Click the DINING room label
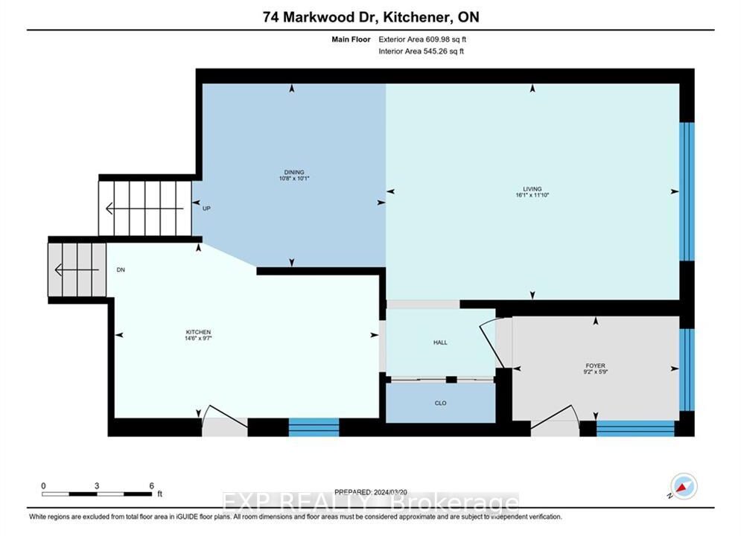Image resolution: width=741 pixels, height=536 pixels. (x=294, y=172)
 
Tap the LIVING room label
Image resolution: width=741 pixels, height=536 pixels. (x=532, y=188)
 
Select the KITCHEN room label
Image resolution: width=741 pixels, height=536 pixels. (x=198, y=332)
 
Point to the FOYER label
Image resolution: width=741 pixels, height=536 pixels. (x=596, y=366)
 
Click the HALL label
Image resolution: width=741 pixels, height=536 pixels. (x=440, y=342)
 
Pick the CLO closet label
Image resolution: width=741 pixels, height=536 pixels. (x=440, y=403)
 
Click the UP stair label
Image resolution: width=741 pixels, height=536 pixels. (x=206, y=208)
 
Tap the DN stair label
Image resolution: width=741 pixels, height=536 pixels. (x=121, y=269)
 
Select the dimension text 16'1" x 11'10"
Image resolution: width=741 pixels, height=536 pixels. (x=532, y=194)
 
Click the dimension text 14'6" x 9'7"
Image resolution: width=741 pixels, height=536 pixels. (x=198, y=338)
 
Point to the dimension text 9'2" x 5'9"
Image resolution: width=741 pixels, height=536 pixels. (x=596, y=371)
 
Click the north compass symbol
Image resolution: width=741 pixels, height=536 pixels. (x=684, y=486)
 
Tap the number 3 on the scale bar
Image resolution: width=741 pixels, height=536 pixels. (x=97, y=485)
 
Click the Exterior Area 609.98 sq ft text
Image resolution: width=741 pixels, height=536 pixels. (x=422, y=39)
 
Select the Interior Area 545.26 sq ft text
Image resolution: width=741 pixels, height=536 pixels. (x=421, y=51)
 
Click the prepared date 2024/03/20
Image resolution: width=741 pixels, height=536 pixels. (x=390, y=491)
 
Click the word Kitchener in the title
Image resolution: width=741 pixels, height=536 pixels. (x=415, y=17)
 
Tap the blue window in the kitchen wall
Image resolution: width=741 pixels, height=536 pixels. (x=314, y=427)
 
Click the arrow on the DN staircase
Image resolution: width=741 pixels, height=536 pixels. (x=77, y=269)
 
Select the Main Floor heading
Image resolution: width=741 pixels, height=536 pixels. (x=351, y=39)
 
